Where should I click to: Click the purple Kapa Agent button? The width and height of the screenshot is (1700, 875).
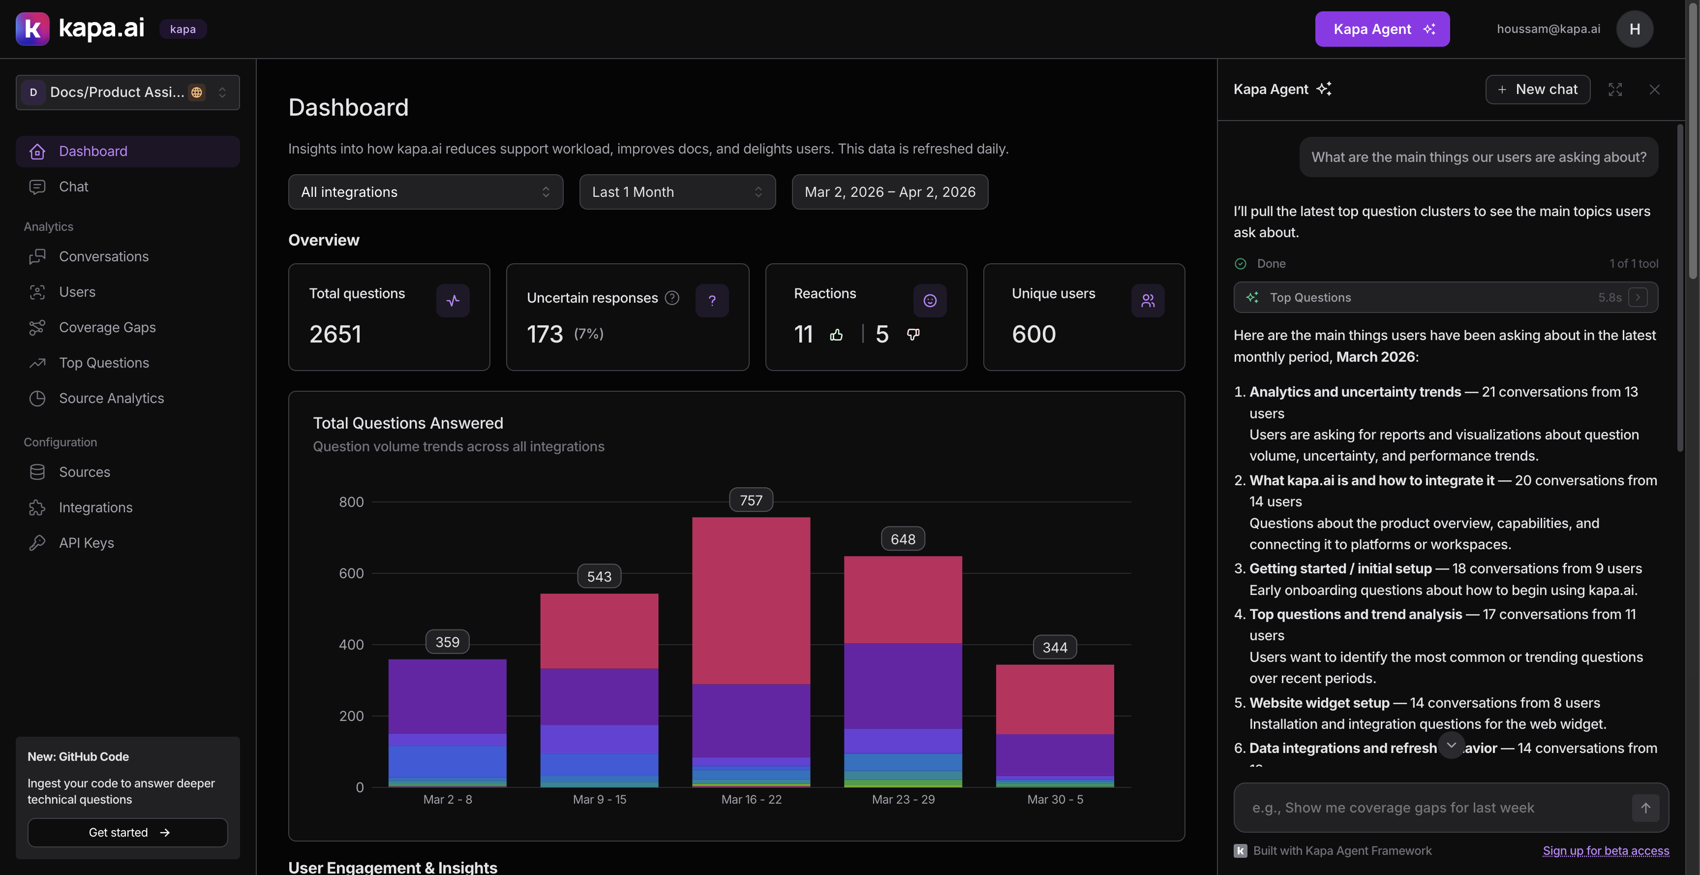click(1382, 29)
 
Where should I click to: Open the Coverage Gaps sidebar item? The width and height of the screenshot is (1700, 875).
click(107, 328)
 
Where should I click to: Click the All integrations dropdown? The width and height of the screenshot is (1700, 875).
click(425, 192)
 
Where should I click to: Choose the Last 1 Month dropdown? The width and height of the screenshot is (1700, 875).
click(676, 192)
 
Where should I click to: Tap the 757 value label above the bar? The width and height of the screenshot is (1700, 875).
click(750, 500)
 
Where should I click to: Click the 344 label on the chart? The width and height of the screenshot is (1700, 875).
click(1054, 648)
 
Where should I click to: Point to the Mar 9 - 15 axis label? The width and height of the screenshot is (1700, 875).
click(599, 800)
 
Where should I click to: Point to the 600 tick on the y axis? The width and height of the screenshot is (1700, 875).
click(351, 573)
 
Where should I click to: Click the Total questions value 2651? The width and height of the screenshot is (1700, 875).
click(335, 334)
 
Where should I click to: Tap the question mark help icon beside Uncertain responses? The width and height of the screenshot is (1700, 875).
click(672, 298)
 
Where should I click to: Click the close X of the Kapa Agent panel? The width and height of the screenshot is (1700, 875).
click(1654, 90)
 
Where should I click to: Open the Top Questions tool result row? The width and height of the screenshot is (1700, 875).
click(1445, 298)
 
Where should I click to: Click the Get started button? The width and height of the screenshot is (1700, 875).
click(127, 833)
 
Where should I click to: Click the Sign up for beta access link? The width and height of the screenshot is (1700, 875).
click(1605, 850)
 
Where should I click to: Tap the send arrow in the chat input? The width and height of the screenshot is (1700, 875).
click(1645, 808)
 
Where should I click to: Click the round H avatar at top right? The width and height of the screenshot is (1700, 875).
click(1634, 29)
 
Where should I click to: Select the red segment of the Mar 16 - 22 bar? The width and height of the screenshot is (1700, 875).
click(750, 600)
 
